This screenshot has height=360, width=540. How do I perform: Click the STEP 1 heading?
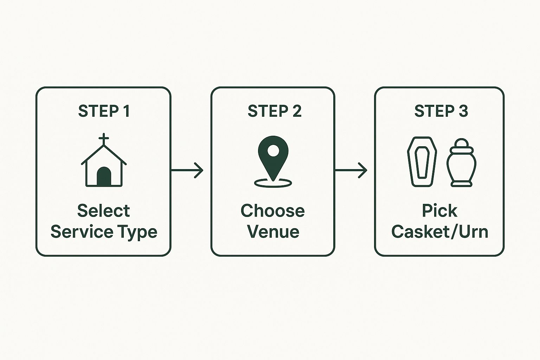coord(104,111)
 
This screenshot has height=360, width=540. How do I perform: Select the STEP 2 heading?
coord(274,111)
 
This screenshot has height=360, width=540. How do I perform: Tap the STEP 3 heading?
coord(441,111)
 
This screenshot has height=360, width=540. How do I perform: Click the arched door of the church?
coord(104,176)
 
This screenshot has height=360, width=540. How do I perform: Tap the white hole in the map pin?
coord(273,151)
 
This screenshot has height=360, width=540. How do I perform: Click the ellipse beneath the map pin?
coord(273,183)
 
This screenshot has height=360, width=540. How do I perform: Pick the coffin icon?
coord(422,161)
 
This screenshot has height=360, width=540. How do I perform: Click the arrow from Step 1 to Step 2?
coord(187,171)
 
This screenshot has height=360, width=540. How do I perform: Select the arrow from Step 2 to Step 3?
coord(351,171)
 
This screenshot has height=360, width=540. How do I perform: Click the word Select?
coord(104,211)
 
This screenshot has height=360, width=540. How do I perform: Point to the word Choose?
coord(273,211)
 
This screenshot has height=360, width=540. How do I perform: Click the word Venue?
coord(273,232)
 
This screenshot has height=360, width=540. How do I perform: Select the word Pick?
coord(439,211)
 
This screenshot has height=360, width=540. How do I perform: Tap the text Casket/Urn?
coord(440,232)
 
